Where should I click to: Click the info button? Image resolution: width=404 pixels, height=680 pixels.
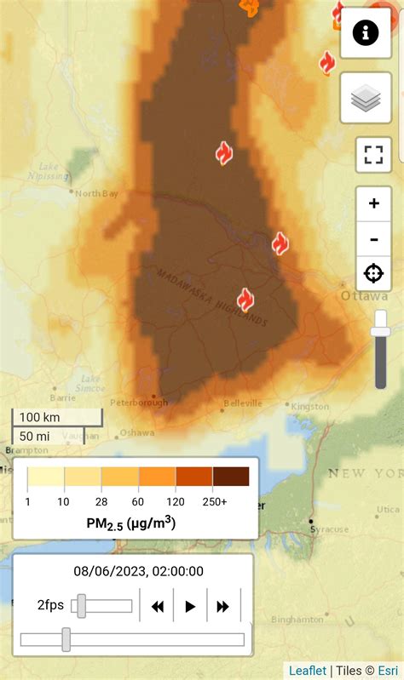(366, 33)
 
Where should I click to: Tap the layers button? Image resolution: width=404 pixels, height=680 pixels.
(366, 98)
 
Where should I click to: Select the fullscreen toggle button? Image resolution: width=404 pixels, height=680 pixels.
(373, 155)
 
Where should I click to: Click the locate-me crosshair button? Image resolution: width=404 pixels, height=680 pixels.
(373, 273)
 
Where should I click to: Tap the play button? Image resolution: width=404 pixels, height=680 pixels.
(190, 606)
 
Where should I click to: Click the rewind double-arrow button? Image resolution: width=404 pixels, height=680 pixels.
(157, 606)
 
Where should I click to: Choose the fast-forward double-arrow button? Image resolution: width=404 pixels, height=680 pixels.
(223, 606)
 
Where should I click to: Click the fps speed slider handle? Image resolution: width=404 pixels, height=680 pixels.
(81, 606)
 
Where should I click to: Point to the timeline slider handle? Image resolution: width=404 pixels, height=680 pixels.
(66, 639)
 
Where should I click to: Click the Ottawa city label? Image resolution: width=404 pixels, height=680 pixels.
(364, 296)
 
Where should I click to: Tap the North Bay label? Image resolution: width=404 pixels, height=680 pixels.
(97, 193)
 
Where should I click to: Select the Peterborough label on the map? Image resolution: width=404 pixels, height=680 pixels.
(139, 403)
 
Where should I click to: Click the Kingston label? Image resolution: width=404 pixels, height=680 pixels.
(309, 407)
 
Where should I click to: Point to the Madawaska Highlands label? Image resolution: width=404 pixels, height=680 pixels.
(211, 297)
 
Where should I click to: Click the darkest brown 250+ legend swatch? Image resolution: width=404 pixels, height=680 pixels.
(231, 477)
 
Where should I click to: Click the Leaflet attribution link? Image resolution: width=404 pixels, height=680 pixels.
(307, 671)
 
